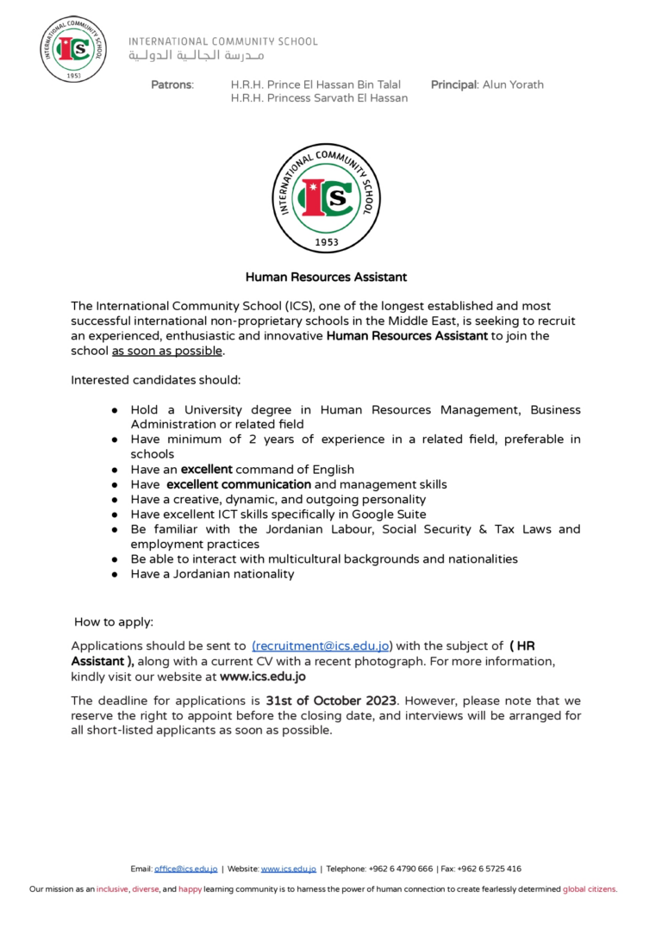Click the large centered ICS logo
point(326,199)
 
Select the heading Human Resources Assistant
point(326,277)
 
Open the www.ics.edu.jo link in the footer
point(289,869)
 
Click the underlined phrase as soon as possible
point(167,352)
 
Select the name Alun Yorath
point(513,84)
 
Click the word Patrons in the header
point(172,84)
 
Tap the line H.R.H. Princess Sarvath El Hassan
point(319,98)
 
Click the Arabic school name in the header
point(197,56)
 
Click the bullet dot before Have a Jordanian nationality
point(114,575)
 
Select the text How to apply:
point(114,621)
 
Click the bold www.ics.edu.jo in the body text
point(263,676)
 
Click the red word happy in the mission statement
point(190,889)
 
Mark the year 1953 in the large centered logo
point(326,242)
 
